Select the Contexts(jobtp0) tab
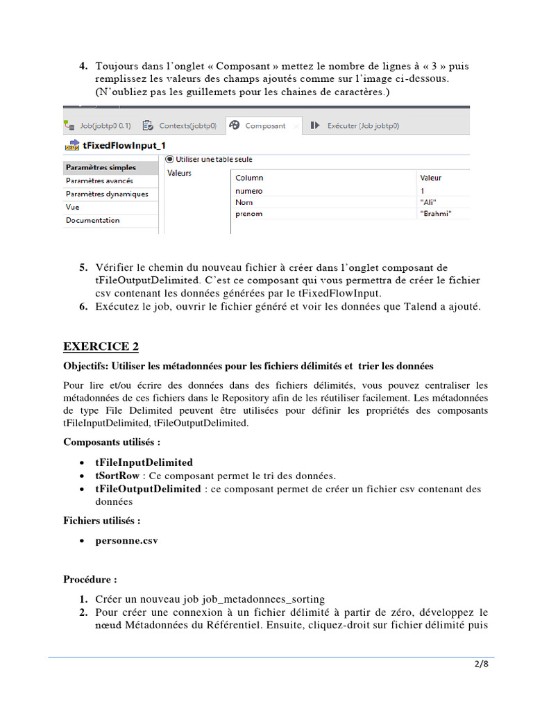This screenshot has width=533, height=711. pyautogui.click(x=187, y=126)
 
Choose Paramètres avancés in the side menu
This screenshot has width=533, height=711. pyautogui.click(x=99, y=181)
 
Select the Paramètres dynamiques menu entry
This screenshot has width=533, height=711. pyautogui.click(x=107, y=194)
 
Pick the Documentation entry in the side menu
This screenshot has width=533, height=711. pyautogui.click(x=92, y=220)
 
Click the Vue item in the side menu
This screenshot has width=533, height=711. pyautogui.click(x=72, y=207)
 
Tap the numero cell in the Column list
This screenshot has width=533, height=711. pyautogui.click(x=249, y=190)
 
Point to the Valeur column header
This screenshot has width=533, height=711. pyautogui.click(x=431, y=178)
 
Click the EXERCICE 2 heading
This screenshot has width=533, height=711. pyautogui.click(x=101, y=346)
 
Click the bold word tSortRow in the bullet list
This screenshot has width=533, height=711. pyautogui.click(x=117, y=476)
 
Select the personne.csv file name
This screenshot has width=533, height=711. pyautogui.click(x=126, y=541)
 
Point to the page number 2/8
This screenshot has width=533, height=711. pyautogui.click(x=481, y=664)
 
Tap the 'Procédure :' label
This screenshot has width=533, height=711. pyautogui.click(x=90, y=579)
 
